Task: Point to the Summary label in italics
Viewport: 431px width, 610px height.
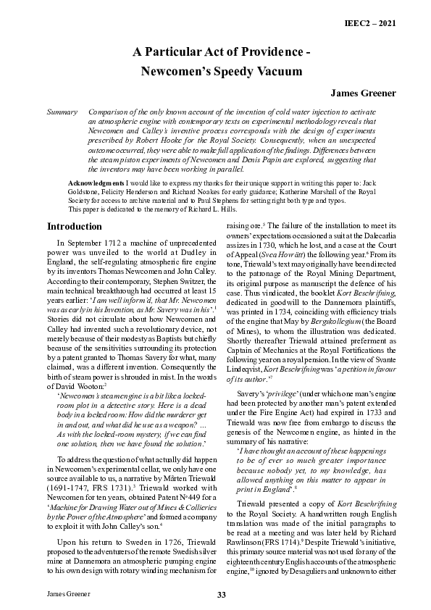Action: click(x=62, y=113)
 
